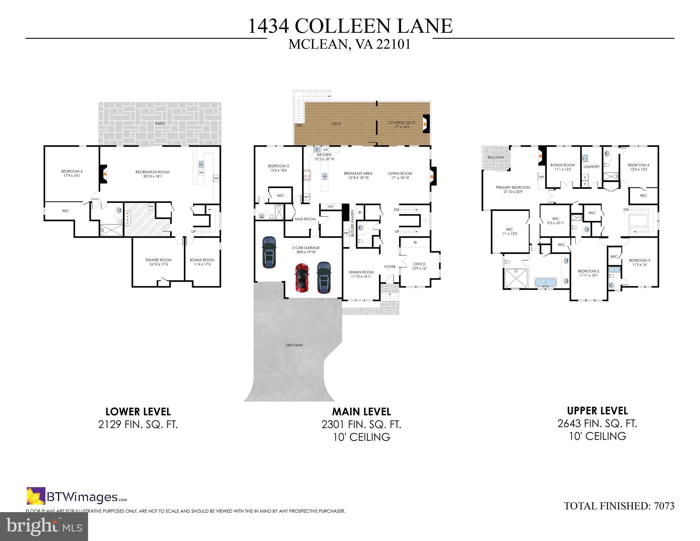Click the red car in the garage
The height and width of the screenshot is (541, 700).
tap(302, 278)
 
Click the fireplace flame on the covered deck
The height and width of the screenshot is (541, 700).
tap(425, 124)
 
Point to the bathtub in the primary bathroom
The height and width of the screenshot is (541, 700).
tap(546, 282)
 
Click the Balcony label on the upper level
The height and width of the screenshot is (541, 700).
tap(496, 157)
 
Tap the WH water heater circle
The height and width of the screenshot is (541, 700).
tap(151, 206)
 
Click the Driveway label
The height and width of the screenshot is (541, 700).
tap(294, 345)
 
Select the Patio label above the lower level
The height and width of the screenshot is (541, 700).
tap(160, 124)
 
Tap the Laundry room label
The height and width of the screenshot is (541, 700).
tap(591, 167)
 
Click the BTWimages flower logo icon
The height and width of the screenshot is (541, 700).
tap(36, 496)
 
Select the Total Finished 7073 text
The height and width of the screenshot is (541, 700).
tap(619, 506)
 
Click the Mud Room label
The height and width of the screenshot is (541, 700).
tap(305, 219)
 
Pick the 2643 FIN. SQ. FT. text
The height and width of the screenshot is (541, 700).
tap(597, 423)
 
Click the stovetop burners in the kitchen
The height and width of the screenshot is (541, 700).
tap(308, 175)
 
